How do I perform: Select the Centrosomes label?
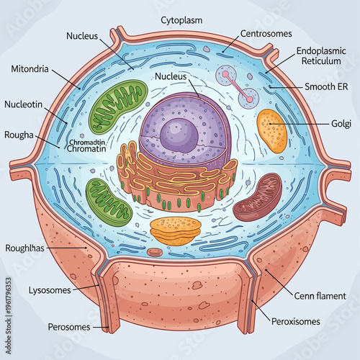[266, 32]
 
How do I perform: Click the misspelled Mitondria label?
[31, 70]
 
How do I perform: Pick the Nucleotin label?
[28, 104]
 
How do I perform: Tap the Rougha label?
[19, 134]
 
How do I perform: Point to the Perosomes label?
[69, 327]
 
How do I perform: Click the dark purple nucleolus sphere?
[176, 134]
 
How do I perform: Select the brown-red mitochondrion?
[258, 197]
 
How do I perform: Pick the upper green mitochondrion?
[120, 106]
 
